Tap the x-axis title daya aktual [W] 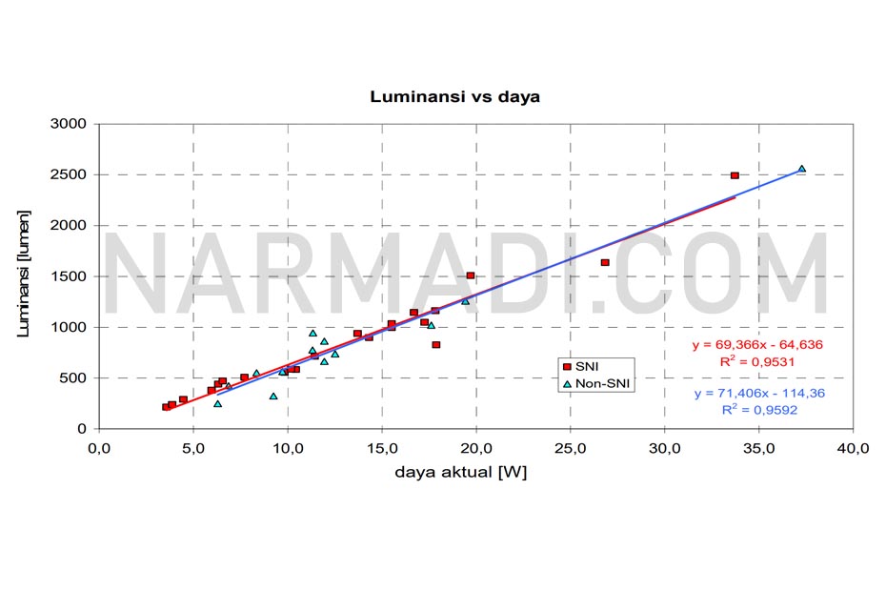[x=463, y=472]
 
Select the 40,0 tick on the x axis [x=852, y=448]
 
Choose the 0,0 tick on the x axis [x=99, y=448]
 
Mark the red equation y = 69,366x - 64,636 [x=744, y=345]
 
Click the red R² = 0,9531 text [x=745, y=362]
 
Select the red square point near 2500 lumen [x=735, y=175]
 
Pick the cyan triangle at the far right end [x=801, y=169]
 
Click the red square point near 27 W [x=605, y=263]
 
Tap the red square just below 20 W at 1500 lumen [x=471, y=275]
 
